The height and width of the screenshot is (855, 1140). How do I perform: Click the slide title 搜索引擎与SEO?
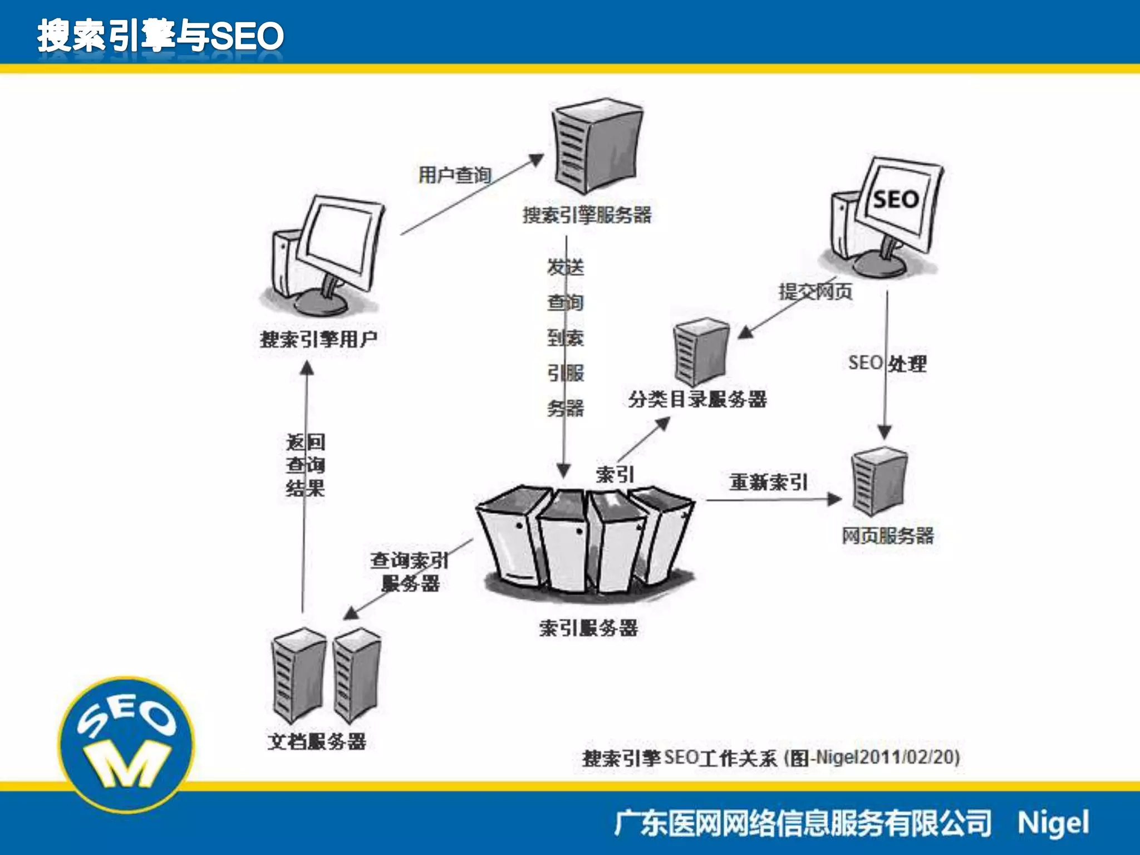tap(160, 36)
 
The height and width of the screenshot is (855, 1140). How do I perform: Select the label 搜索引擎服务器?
tap(587, 215)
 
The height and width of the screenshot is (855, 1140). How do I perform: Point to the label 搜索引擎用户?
tap(318, 339)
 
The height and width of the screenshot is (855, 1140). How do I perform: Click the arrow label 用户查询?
tap(454, 175)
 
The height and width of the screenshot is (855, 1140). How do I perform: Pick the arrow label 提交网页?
tap(815, 291)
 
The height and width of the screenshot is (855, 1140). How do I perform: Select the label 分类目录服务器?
tap(697, 399)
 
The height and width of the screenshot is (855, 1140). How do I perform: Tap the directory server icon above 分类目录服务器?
tap(701, 351)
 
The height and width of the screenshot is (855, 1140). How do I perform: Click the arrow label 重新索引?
tap(768, 482)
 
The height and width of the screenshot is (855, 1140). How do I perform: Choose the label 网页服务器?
tap(887, 535)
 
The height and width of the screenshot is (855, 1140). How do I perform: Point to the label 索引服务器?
tap(588, 628)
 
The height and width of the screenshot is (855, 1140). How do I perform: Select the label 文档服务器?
tap(317, 741)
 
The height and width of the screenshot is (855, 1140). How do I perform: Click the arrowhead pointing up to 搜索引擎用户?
tap(307, 368)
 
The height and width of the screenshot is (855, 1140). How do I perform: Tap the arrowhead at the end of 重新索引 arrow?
tap(834, 499)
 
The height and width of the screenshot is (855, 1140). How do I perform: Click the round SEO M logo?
tap(127, 743)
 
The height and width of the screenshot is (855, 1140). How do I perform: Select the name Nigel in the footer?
tap(1053, 823)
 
